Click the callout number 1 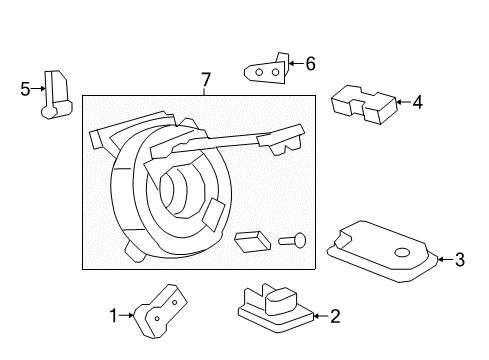pos(115,316)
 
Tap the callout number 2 pos(335,317)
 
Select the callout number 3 pos(459,260)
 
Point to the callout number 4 pos(417,101)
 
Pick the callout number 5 pos(26,88)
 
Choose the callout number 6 pos(309,64)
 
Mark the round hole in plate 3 pos(405,253)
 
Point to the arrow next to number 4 pos(402,101)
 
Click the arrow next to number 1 pos(130,316)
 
